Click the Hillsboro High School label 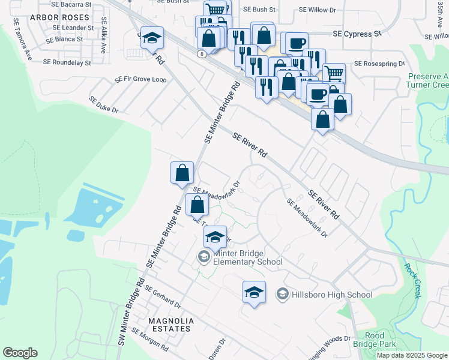331,295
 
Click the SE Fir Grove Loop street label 141,79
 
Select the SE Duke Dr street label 104,105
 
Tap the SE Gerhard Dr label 162,296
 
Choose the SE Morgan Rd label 149,340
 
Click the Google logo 20,353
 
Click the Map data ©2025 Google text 412,355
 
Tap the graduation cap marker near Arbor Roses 152,39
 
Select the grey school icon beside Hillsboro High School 282,295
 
